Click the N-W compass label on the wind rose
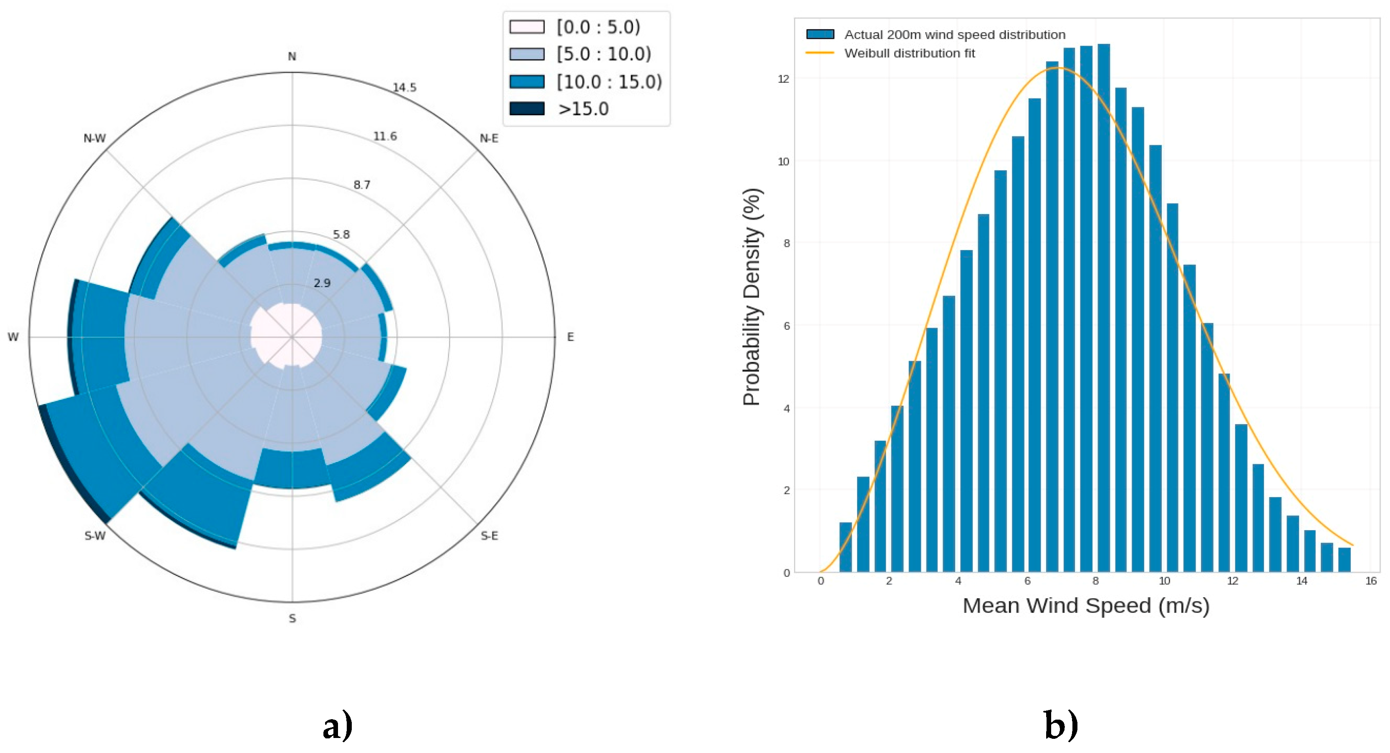[94, 138]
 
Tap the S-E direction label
[489, 536]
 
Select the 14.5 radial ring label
[404, 87]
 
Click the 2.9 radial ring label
[322, 283]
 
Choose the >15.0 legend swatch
[527, 109]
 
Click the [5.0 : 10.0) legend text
[604, 54]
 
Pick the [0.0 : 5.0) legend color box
[527, 26]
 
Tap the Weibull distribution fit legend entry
[909, 53]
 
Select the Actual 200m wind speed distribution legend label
[954, 35]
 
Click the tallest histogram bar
[1103, 308]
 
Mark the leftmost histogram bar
[845, 546]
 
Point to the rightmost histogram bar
[1344, 559]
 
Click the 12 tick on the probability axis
[783, 79]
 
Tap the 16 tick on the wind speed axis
[1370, 581]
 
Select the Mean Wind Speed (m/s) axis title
[1086, 605]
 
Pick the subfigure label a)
[338, 725]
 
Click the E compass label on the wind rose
[570, 337]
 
